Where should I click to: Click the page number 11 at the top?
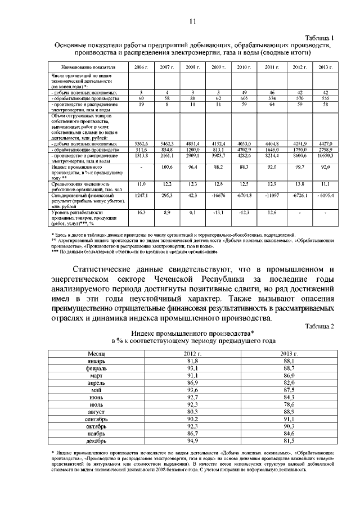point(191,22)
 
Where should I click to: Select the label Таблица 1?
point(319,36)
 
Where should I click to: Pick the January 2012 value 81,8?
point(193,359)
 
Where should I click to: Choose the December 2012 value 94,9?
point(193,441)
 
